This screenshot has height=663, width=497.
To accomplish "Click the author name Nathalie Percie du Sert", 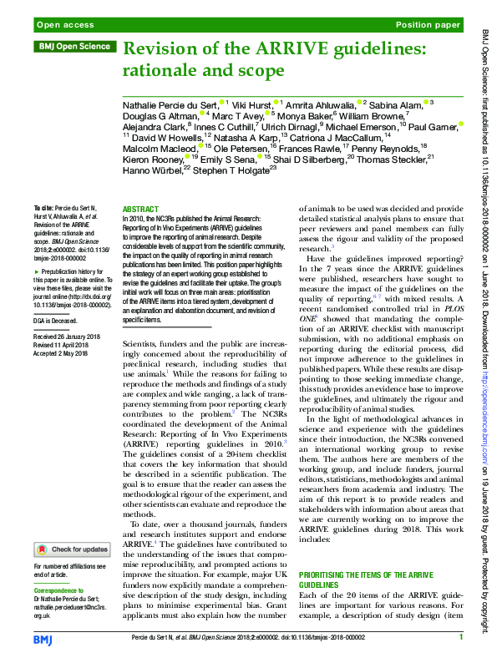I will pyautogui.click(x=170, y=103).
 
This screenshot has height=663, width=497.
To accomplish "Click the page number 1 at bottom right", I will pyautogui.click(x=459, y=638).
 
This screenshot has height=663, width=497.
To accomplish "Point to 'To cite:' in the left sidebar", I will pyautogui.click(x=43, y=207).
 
